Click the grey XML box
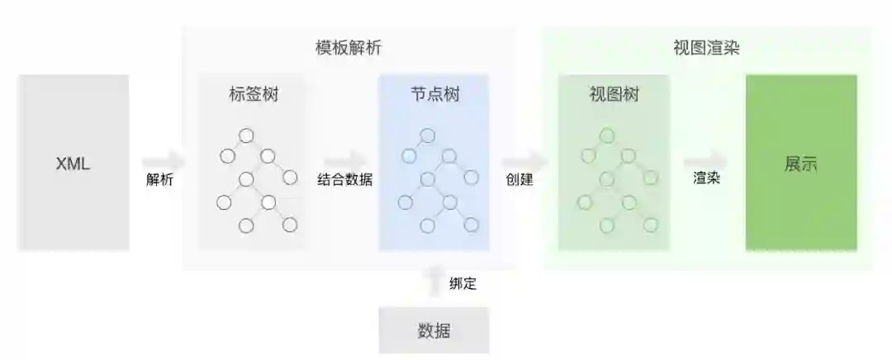pyautogui.click(x=73, y=163)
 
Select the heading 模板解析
pyautogui.click(x=349, y=48)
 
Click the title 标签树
pyautogui.click(x=254, y=95)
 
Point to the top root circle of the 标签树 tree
pyautogui.click(x=245, y=135)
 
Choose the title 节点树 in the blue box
pyautogui.click(x=434, y=95)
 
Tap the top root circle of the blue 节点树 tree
pyautogui.click(x=427, y=135)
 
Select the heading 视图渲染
pyautogui.click(x=706, y=48)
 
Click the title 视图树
pyautogui.click(x=614, y=95)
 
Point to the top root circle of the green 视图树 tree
pyautogui.click(x=607, y=135)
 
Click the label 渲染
pyautogui.click(x=706, y=178)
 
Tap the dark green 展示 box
pyautogui.click(x=801, y=163)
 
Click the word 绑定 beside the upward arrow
pyautogui.click(x=463, y=284)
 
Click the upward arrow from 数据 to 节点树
pyautogui.click(x=434, y=281)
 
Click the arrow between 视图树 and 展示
pyautogui.click(x=706, y=160)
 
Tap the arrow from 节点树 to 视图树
pyautogui.click(x=524, y=160)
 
